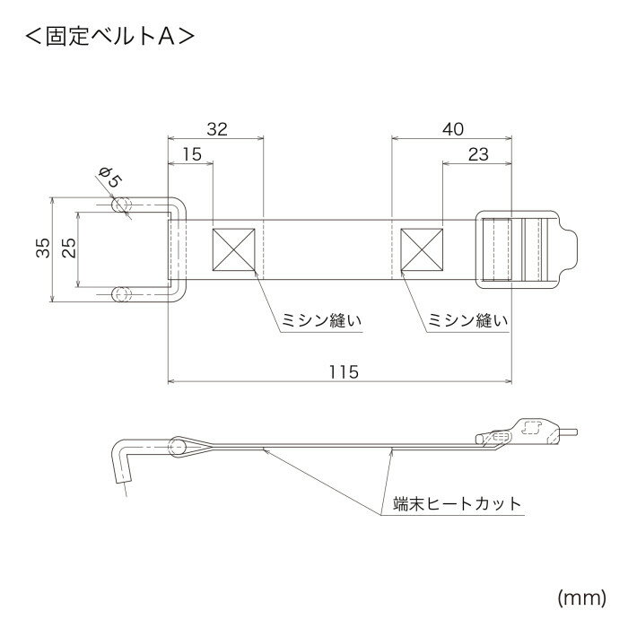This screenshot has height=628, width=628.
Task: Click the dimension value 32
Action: click(x=216, y=129)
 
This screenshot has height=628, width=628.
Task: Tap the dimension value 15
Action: click(x=191, y=154)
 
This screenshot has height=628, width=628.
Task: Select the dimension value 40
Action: click(x=453, y=129)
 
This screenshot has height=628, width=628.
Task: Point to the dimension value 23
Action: click(x=478, y=154)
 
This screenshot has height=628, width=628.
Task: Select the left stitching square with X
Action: click(x=233, y=249)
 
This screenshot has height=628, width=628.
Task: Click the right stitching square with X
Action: click(x=422, y=249)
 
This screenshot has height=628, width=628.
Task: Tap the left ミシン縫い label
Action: click(x=309, y=319)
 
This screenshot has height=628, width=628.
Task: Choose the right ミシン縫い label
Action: click(x=464, y=319)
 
